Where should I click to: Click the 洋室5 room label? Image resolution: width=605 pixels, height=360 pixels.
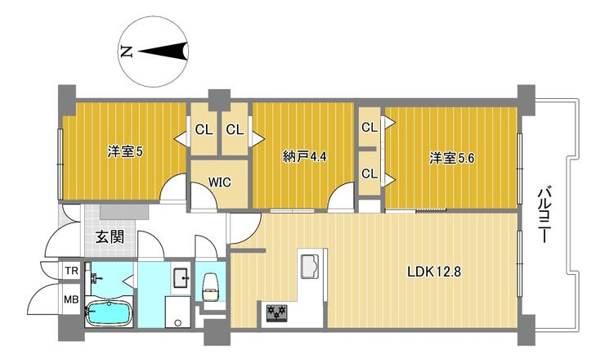[x=126, y=151]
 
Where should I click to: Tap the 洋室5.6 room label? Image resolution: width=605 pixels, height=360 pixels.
[x=452, y=158]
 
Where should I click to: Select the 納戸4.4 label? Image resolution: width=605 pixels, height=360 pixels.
[x=305, y=156]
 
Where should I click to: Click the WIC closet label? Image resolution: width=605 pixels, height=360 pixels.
[x=219, y=182]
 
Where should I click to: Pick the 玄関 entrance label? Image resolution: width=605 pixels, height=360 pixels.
[x=110, y=238]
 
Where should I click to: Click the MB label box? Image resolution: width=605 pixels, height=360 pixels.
[x=71, y=299]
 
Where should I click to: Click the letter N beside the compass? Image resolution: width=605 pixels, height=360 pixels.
[x=126, y=52]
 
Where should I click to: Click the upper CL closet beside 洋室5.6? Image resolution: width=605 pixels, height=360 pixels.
[x=370, y=127]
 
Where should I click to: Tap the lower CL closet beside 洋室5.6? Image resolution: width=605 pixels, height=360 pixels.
[x=370, y=173]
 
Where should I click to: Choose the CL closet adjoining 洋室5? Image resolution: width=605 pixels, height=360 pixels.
[x=204, y=129]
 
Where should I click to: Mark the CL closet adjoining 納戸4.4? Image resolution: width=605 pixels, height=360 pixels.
[x=235, y=129]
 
